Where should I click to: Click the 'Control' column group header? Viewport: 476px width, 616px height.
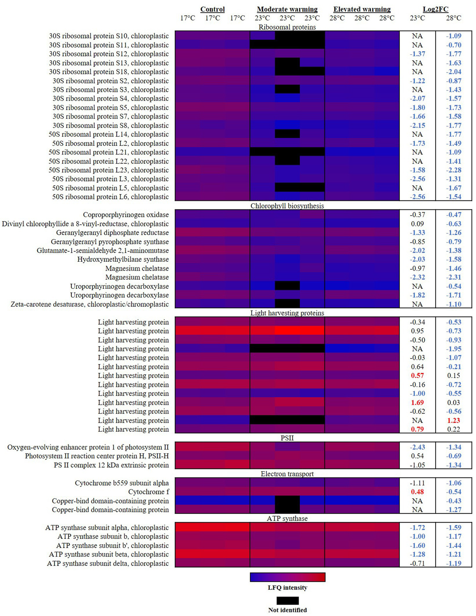pos(212,9)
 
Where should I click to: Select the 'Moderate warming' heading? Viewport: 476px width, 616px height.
pos(287,9)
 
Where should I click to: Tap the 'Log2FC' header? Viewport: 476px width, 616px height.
pos(435,9)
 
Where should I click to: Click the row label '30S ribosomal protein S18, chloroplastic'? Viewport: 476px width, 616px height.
pos(109,72)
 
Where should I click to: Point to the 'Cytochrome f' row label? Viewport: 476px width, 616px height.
pos(149,492)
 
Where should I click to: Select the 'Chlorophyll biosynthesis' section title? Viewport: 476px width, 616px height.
pos(287,206)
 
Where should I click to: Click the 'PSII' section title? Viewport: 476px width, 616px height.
pos(287,438)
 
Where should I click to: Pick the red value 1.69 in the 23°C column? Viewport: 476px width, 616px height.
pos(417,403)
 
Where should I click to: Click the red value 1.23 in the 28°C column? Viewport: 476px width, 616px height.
pos(453,421)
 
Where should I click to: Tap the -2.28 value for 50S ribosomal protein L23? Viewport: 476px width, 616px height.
pos(453,170)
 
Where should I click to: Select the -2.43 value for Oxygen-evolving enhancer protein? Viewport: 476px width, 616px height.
pos(417,447)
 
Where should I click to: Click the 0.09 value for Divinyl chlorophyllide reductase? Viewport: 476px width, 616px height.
pos(417,224)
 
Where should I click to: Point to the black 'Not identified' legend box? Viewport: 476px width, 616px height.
pos(287,601)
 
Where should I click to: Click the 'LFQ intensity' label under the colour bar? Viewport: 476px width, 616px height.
pos(287,588)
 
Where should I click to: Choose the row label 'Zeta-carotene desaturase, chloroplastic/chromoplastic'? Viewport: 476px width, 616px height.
pos(90,304)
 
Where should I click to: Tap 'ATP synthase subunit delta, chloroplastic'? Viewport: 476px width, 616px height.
pos(108,563)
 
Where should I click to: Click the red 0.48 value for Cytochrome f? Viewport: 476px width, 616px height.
pos(417,492)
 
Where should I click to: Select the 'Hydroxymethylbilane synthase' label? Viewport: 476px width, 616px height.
pos(123,259)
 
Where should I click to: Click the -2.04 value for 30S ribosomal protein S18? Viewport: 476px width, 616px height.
pos(453,72)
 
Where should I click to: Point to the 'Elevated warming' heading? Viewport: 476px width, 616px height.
pos(362,9)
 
